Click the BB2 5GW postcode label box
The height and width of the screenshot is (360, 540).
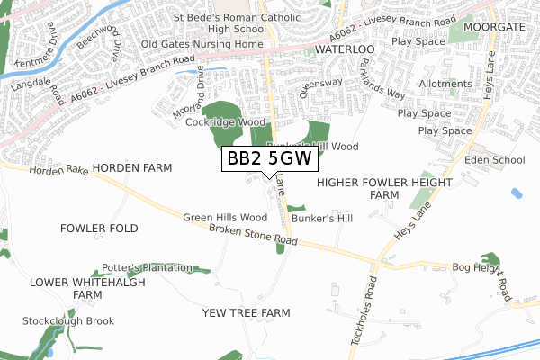tap(269, 158)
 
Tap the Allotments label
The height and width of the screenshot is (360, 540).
tap(445, 84)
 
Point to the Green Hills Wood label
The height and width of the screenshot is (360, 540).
tap(225, 218)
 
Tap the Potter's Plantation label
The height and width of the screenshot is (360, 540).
tap(147, 267)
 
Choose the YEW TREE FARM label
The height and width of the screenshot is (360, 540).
tap(247, 312)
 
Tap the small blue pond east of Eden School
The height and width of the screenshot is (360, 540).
tap(516, 193)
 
